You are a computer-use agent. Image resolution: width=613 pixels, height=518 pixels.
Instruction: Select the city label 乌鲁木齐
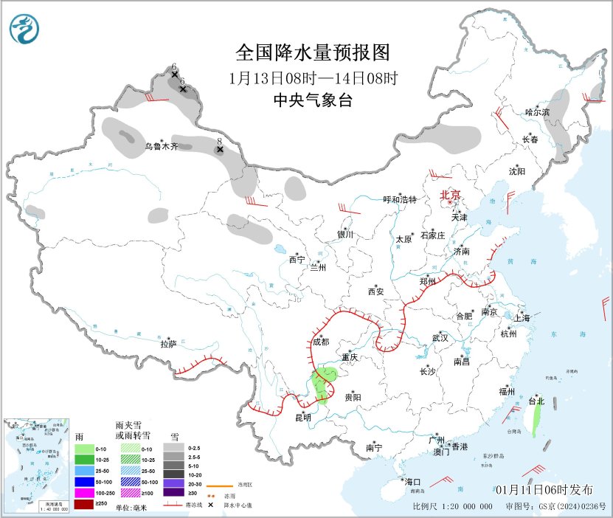161,147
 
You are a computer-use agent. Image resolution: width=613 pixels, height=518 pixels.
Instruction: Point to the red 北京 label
450,195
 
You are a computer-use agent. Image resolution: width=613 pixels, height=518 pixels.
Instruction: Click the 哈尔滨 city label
538,112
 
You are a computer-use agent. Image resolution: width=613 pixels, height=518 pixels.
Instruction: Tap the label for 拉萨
169,344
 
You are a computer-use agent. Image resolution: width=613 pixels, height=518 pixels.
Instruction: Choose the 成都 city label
320,342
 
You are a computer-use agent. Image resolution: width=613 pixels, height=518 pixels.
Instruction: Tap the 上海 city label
522,318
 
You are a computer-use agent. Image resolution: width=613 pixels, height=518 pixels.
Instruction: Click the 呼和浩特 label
400,200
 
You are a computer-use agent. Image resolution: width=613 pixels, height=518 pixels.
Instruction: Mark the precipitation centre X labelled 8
219,150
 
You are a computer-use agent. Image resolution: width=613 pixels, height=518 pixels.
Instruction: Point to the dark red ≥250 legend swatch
84,503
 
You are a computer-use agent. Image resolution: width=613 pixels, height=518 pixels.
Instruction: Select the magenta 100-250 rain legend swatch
84,492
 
